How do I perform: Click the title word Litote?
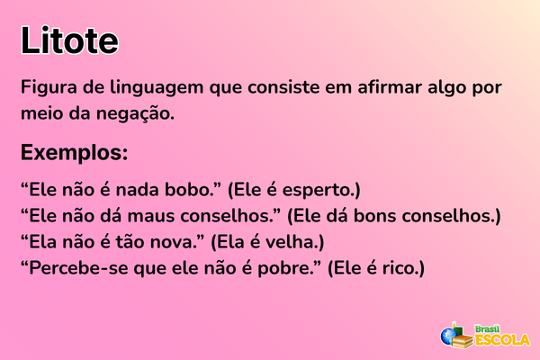[69, 40]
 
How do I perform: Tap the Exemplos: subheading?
[74, 150]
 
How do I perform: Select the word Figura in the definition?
[49, 89]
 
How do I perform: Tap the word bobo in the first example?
[190, 191]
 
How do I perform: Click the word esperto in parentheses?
[321, 191]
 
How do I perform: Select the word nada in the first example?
[139, 191]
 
